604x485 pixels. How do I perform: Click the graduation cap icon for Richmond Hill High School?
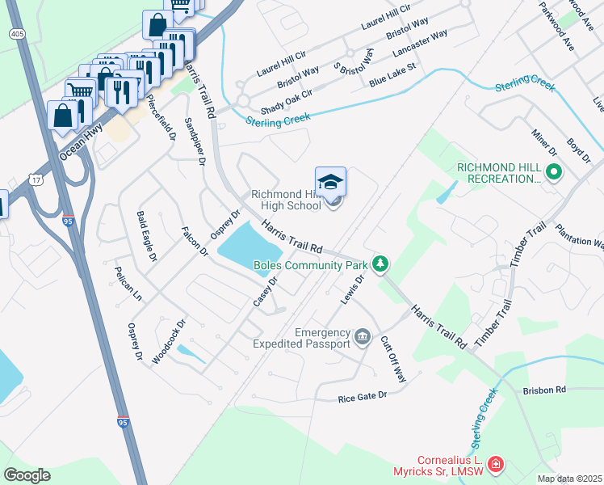(330, 182)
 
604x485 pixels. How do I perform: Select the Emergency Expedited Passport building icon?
(363, 335)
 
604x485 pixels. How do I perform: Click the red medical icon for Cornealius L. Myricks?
(495, 465)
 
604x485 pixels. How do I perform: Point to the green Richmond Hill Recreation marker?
(553, 172)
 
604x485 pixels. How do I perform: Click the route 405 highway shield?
(16, 34)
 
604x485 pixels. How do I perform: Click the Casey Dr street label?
(265, 292)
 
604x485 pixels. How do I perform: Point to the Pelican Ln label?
(128, 284)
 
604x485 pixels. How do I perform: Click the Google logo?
(27, 475)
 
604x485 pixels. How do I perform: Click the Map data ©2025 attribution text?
(569, 479)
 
